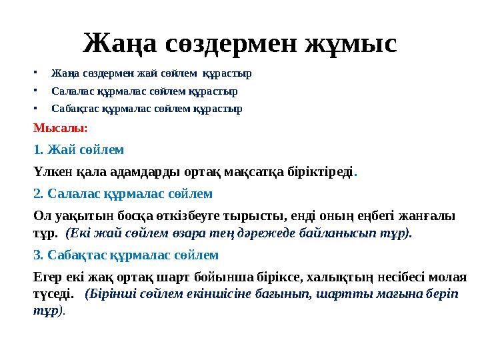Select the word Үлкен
51,171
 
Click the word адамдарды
133,171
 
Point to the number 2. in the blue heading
39,194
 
